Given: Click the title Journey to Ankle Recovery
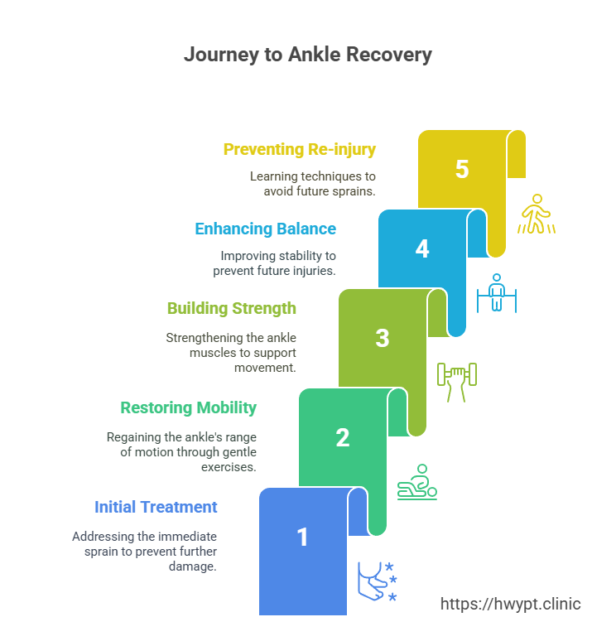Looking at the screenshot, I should click(x=308, y=55).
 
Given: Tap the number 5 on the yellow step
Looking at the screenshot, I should click(x=462, y=170).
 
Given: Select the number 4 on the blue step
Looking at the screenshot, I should click(x=422, y=249).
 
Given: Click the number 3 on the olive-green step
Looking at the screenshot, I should click(x=383, y=338).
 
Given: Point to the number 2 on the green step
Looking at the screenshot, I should click(x=343, y=437).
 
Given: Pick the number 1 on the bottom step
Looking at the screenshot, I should click(x=303, y=537).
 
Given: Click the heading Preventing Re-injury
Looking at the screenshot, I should click(x=300, y=150).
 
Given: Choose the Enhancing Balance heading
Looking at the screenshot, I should click(x=265, y=229).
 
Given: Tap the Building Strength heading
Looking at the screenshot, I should click(x=231, y=309).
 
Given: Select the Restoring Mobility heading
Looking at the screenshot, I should click(x=189, y=408).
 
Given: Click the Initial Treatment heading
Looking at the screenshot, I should click(x=156, y=508).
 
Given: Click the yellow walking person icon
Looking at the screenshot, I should click(x=537, y=214).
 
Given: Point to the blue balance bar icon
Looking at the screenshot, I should click(x=496, y=293).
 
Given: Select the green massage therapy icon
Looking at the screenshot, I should click(x=417, y=482).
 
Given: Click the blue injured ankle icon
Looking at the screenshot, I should click(x=377, y=581).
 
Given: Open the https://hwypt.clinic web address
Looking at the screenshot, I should click(x=510, y=604).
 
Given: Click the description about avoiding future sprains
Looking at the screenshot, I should click(x=314, y=185).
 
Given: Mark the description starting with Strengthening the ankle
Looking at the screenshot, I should click(x=231, y=353).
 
